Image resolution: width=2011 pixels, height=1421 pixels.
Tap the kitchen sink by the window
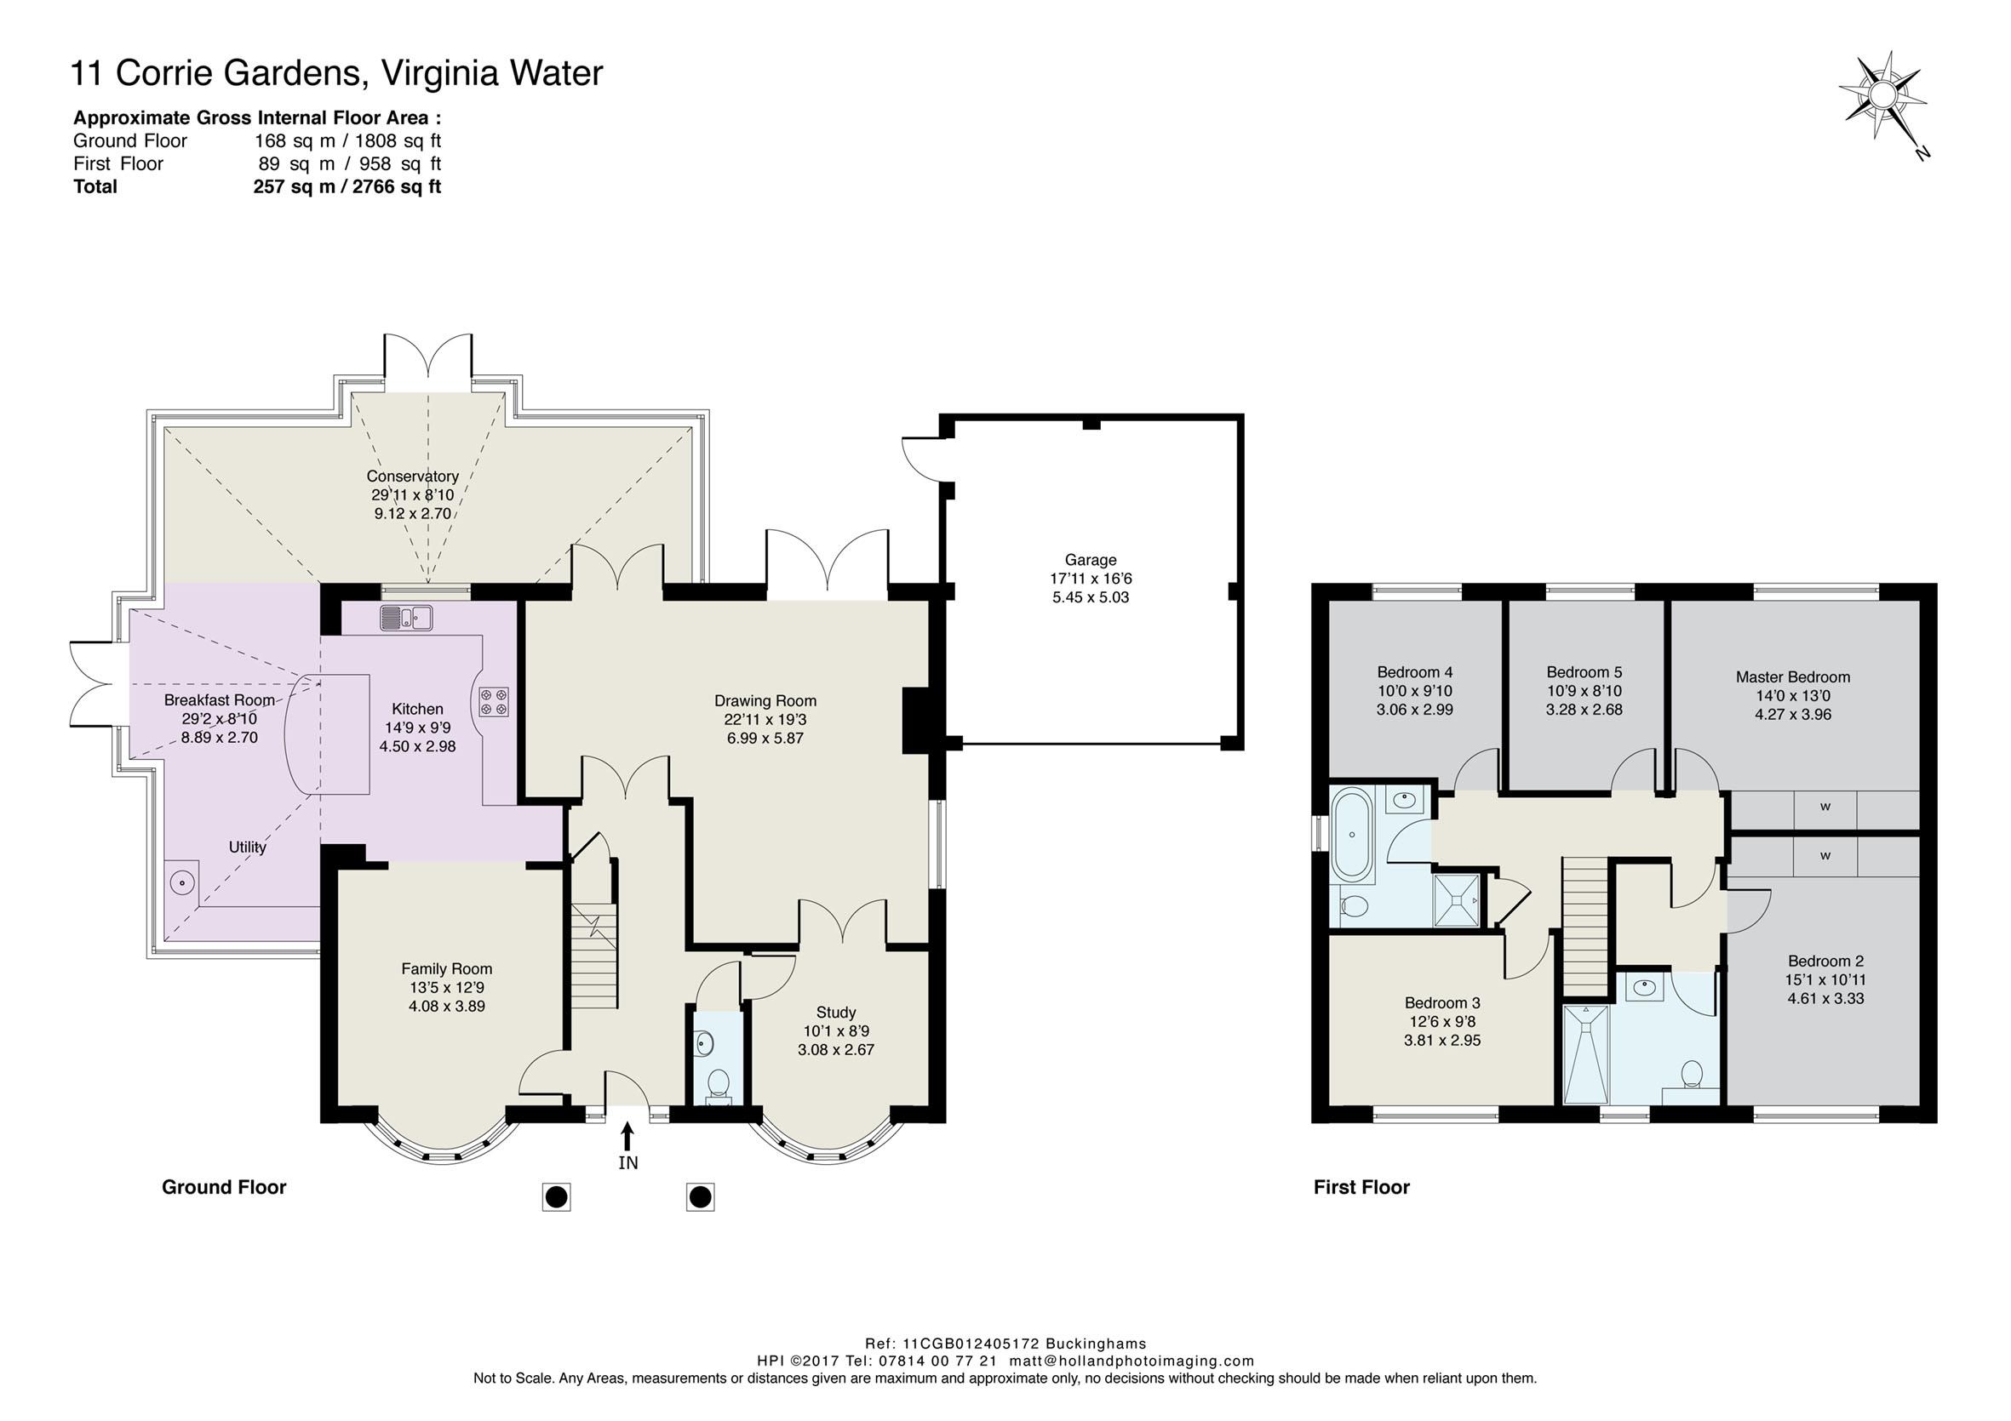click(x=405, y=617)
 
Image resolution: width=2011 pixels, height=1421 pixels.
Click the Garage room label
click(x=1091, y=560)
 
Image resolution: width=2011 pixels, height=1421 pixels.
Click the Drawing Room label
click(x=765, y=700)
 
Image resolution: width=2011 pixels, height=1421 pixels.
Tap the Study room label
click(x=835, y=1012)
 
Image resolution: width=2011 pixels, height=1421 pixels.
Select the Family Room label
click(x=447, y=968)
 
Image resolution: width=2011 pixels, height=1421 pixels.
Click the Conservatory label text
click(x=413, y=477)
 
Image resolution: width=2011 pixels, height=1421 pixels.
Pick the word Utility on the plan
click(x=247, y=847)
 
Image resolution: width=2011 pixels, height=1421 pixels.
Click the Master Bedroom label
click(x=1793, y=676)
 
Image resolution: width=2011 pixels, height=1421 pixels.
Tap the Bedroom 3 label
click(x=1442, y=1002)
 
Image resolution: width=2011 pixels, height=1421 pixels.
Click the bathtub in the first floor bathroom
click(x=1353, y=834)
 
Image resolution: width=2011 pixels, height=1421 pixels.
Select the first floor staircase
click(x=1587, y=927)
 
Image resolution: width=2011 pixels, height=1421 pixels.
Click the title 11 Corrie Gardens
click(x=214, y=73)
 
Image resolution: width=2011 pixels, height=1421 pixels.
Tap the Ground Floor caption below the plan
click(x=224, y=1187)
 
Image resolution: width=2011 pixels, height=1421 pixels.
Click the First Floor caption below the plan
click(x=1362, y=1187)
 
